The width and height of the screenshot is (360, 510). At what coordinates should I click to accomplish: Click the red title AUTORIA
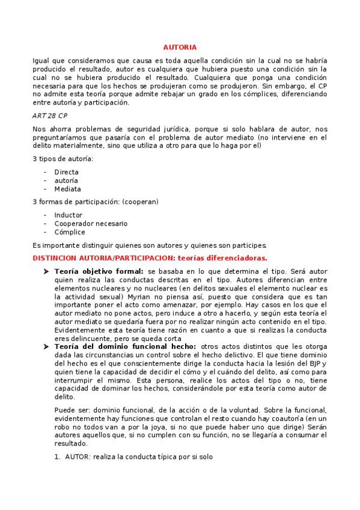[x=180, y=47]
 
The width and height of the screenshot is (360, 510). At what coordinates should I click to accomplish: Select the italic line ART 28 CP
[x=50, y=115]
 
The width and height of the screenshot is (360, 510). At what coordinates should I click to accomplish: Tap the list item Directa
[x=66, y=171]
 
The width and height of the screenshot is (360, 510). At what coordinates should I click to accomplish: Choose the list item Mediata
[x=67, y=189]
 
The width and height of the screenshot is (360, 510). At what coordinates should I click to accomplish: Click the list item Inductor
[x=68, y=215]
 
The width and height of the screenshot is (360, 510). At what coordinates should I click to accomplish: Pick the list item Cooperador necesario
[x=91, y=223]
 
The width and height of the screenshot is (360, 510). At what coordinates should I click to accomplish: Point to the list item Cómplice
[x=70, y=232]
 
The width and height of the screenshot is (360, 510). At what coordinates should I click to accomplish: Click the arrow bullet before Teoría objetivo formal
[x=46, y=271]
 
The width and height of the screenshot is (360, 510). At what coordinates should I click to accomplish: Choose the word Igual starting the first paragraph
[x=42, y=61]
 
